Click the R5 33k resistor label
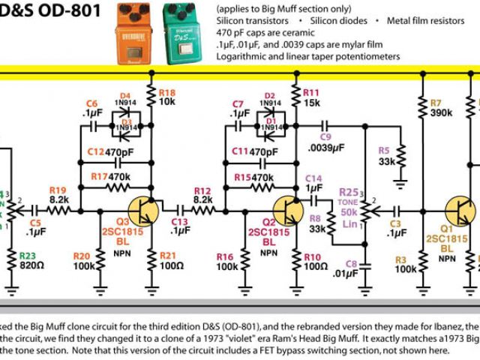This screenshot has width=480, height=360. pyautogui.click(x=387, y=155)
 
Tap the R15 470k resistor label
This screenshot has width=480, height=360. pyautogui.click(x=248, y=178)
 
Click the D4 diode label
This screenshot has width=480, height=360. pyautogui.click(x=125, y=97)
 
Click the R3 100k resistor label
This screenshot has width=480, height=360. pyautogui.click(x=405, y=264)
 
